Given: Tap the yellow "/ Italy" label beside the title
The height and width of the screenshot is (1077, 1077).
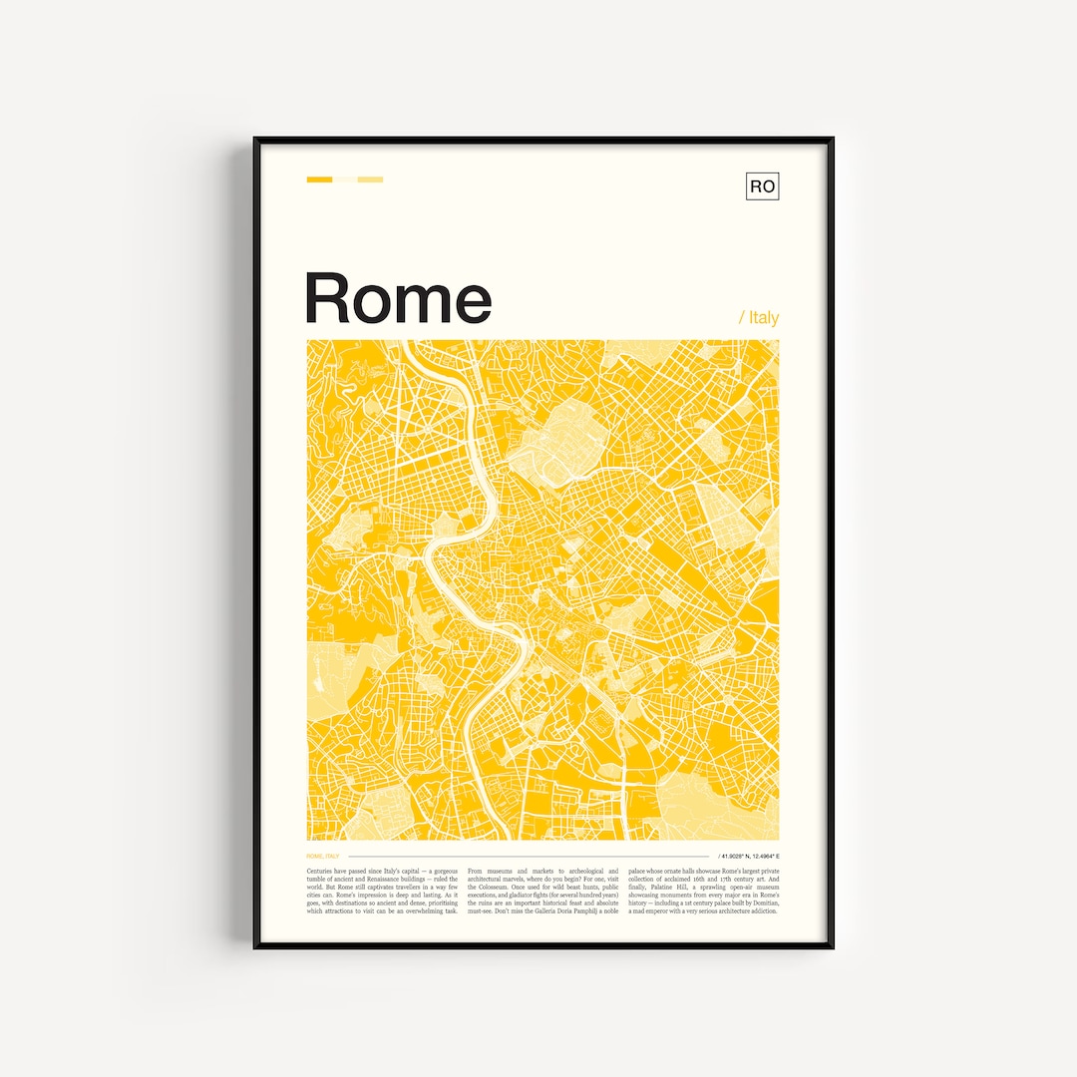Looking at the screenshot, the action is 759,317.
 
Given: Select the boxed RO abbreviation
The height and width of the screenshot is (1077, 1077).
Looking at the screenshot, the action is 762,186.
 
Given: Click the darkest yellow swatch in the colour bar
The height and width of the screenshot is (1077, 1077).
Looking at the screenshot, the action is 319,179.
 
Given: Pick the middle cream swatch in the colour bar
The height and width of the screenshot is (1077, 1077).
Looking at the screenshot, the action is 345,179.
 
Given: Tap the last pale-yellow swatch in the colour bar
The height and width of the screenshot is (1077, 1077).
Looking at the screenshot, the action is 370,179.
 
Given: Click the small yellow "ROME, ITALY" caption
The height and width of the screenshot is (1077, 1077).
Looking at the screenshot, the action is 323,856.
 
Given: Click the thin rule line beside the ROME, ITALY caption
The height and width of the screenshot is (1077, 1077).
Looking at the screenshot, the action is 529,856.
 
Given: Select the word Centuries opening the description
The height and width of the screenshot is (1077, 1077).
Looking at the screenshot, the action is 322,872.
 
